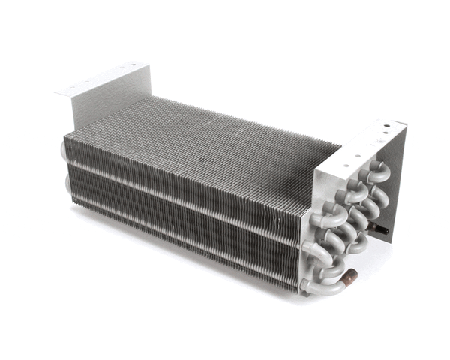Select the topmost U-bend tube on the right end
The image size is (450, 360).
[x=375, y=173]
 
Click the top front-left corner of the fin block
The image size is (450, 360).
[x=66, y=135]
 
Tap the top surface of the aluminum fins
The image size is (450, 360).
[x=202, y=142]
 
